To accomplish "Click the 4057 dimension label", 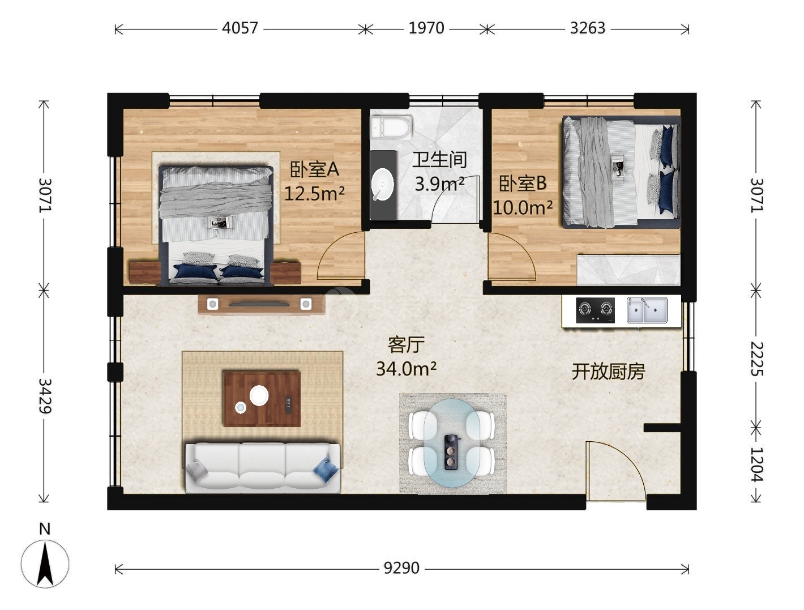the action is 240,28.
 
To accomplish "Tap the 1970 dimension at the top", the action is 426,28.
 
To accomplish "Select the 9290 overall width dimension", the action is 401,568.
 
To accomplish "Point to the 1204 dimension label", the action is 756,464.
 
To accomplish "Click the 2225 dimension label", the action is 756,359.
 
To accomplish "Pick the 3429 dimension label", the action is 45,396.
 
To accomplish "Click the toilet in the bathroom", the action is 391,127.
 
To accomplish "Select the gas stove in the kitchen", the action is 595,310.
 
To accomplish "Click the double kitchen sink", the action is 647,310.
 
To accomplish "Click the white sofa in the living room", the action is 262,468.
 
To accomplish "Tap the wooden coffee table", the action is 262,399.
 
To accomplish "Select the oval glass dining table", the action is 452,443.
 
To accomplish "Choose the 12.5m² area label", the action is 314,194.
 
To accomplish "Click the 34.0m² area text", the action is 406,369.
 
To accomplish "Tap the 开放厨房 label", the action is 608,372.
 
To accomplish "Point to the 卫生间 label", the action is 439,160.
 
